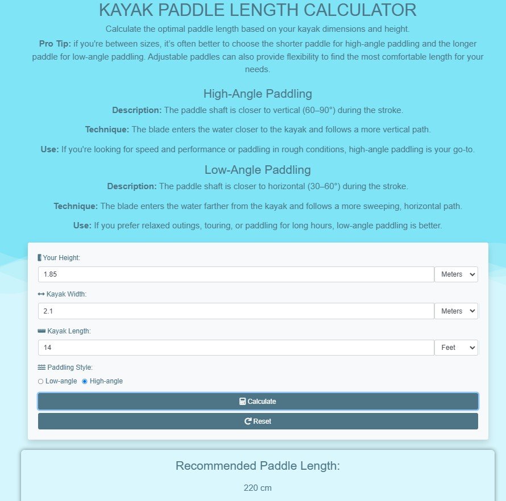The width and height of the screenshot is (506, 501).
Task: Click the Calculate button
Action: pos(258,401)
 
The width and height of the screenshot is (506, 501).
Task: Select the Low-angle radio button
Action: pos(40,381)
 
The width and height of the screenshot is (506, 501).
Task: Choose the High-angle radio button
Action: pos(85,381)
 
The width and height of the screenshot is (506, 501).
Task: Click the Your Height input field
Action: pos(236,274)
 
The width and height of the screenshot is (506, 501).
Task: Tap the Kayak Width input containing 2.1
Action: pos(236,311)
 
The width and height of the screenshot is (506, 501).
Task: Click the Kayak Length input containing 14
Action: pos(236,348)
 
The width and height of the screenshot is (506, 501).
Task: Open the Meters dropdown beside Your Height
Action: pos(456,274)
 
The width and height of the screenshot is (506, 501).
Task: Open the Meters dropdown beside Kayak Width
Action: pos(456,311)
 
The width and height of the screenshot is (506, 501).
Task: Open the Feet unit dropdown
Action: pos(456,348)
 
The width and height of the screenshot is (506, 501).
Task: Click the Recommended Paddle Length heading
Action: pos(258,466)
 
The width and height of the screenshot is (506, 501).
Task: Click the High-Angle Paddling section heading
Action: pos(258,94)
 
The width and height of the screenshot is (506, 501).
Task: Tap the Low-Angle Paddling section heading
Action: pos(258,169)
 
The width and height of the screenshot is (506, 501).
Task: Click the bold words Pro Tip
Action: pos(55,44)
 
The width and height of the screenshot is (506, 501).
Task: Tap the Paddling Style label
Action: pos(70,368)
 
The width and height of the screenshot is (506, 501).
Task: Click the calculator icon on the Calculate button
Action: pos(243,402)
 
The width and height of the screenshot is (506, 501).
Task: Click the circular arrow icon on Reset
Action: pos(248,421)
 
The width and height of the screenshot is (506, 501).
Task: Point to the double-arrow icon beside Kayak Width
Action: pos(41,294)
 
